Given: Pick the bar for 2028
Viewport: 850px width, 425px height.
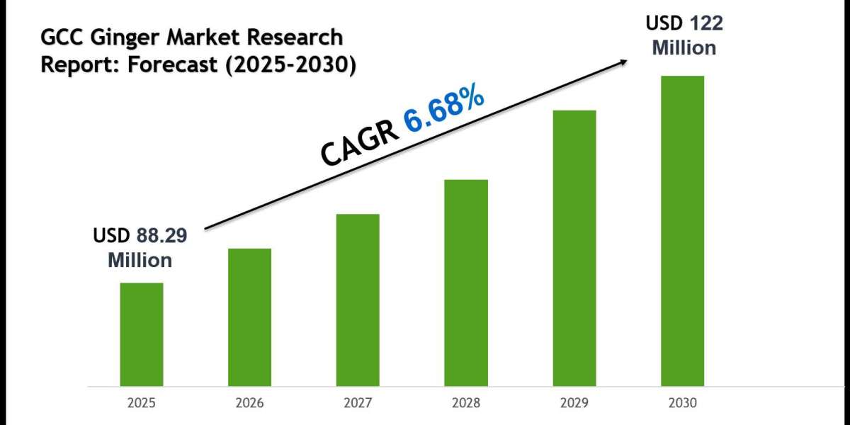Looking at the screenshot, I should pyautogui.click(x=466, y=283).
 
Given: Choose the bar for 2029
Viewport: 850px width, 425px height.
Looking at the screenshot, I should pyautogui.click(x=574, y=248).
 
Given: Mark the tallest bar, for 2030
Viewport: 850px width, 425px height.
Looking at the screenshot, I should pyautogui.click(x=682, y=231).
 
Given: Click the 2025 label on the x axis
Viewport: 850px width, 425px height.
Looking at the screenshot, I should pyautogui.click(x=141, y=403).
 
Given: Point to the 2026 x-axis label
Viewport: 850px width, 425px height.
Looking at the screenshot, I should pyautogui.click(x=249, y=403).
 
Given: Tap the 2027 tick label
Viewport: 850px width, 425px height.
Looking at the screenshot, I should pyautogui.click(x=358, y=403).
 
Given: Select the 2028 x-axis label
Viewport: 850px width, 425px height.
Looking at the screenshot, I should pyautogui.click(x=466, y=403).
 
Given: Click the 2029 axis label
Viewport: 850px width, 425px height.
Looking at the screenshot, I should pyautogui.click(x=574, y=403).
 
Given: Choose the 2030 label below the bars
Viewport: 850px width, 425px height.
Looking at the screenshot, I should pyautogui.click(x=682, y=403).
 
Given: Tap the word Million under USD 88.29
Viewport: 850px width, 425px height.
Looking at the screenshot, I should pyautogui.click(x=140, y=261).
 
